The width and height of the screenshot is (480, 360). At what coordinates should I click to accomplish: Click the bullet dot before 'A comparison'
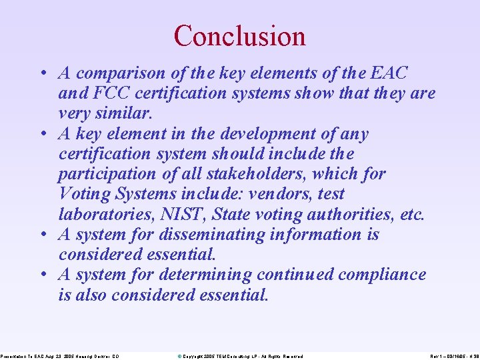pyautogui.click(x=43, y=73)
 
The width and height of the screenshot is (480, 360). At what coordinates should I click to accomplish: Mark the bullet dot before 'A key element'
pyautogui.click(x=43, y=134)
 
